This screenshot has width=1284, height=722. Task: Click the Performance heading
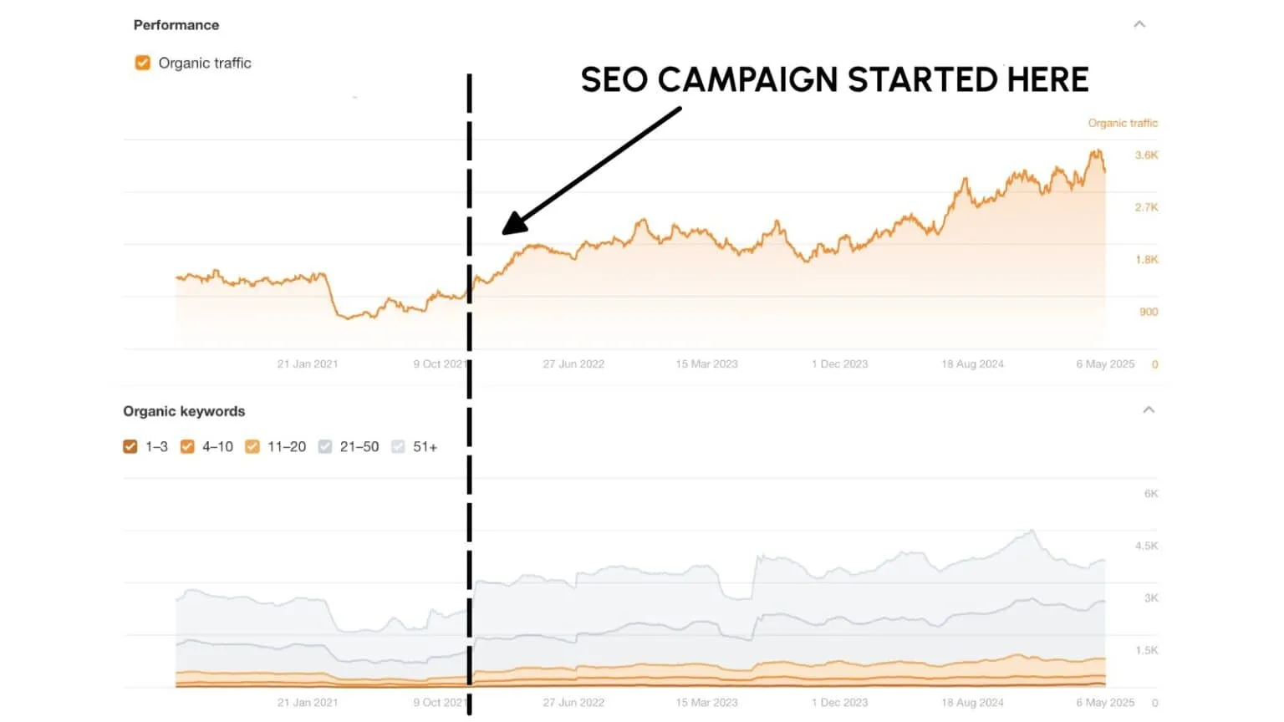tap(176, 25)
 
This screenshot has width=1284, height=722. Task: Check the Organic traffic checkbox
tap(143, 63)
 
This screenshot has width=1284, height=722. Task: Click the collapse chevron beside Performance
tap(1139, 24)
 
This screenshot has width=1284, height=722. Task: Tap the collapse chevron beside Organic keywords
tap(1149, 409)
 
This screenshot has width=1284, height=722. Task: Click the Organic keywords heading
tap(184, 411)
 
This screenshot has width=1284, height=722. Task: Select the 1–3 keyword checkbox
tap(130, 446)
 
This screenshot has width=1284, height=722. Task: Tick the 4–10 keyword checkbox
tap(187, 446)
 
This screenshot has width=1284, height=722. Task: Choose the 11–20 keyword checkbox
tap(252, 446)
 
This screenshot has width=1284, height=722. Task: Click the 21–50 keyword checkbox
tap(325, 446)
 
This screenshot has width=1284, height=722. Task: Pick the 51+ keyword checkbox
tap(398, 446)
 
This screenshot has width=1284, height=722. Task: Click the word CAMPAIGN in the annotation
tap(747, 80)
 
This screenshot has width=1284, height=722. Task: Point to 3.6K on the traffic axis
tap(1146, 155)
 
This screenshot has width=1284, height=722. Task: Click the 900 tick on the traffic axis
tap(1148, 312)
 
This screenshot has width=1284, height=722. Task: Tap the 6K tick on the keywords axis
tap(1150, 494)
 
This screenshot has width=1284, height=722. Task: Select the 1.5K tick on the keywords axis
tap(1146, 650)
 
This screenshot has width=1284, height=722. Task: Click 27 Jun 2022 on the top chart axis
tap(573, 364)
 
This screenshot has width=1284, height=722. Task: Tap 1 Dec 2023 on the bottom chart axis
tap(839, 703)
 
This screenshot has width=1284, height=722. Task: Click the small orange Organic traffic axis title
tap(1122, 123)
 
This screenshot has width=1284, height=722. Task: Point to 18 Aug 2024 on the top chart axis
tap(972, 364)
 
